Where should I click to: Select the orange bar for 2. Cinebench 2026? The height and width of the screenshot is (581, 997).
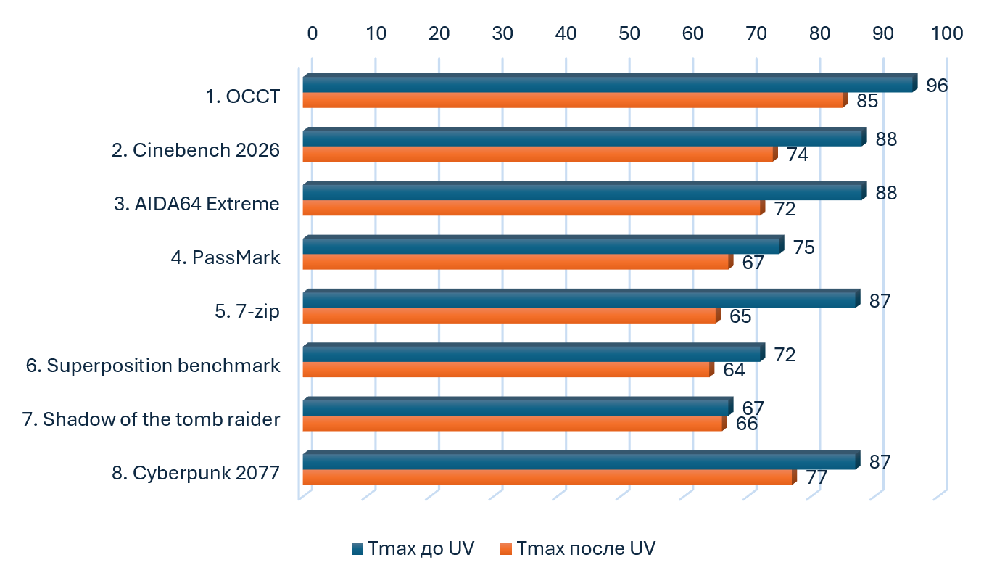tap(540, 154)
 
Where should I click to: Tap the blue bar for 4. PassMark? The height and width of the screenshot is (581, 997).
tap(543, 245)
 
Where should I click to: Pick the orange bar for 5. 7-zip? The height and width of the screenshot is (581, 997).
tap(511, 316)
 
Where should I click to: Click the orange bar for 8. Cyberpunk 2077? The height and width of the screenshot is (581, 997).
tap(550, 477)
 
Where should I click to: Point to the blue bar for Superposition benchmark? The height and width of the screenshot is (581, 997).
tap(534, 353)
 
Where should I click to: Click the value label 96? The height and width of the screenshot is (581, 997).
tap(937, 86)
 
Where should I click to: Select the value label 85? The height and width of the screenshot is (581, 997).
tap(867, 101)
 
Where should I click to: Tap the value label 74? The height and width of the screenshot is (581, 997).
tap(798, 155)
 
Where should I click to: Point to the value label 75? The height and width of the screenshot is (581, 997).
tap(804, 247)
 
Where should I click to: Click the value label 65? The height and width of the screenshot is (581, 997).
tap(740, 316)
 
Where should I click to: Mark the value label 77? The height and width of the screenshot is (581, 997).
tap(816, 478)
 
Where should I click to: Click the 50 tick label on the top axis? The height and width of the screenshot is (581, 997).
tap(629, 33)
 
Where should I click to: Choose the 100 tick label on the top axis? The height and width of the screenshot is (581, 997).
tap(947, 33)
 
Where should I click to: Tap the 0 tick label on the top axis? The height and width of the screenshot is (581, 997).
tap(313, 33)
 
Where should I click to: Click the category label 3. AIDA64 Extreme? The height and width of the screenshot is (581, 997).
tap(196, 204)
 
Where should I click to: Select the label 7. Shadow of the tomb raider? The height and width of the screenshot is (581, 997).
tap(151, 419)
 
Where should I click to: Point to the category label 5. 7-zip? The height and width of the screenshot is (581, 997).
tap(247, 311)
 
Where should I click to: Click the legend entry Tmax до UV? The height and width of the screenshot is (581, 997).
tap(413, 548)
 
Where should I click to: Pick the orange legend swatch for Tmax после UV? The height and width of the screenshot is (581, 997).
tap(506, 549)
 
